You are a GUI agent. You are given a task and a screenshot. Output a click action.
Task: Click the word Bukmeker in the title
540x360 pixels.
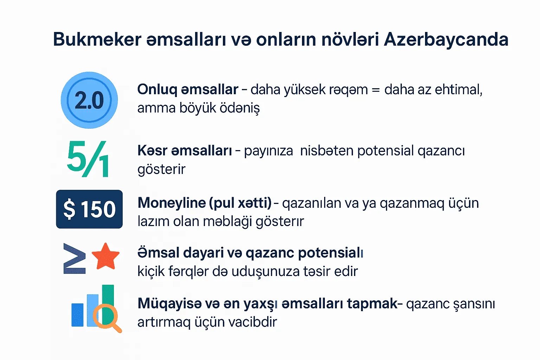[97, 39]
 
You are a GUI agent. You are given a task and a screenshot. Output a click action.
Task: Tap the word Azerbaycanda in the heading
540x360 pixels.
[446, 39]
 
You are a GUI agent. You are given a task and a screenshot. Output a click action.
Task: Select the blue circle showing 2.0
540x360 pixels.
[89, 100]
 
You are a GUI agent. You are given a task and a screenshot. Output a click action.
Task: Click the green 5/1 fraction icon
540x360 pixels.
[88, 159]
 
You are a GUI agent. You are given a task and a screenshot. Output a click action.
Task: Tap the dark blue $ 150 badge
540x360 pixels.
[89, 209]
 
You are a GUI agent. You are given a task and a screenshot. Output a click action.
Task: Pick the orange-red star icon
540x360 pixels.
[105, 256]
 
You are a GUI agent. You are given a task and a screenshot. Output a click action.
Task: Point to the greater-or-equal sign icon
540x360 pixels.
[75, 258]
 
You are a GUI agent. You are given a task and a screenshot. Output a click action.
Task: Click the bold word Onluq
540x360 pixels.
[157, 90]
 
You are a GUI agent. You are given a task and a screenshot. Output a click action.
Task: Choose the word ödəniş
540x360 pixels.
[240, 108]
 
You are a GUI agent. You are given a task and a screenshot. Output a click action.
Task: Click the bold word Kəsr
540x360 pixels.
[152, 150]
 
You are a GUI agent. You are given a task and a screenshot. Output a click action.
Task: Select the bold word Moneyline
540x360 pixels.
[172, 203]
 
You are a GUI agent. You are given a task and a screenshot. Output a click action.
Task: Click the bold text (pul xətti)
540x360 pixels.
[240, 203]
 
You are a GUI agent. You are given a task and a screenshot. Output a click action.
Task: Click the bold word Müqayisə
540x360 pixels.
[169, 304]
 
